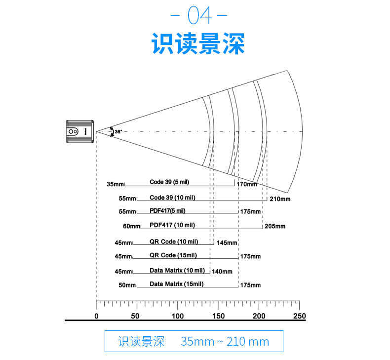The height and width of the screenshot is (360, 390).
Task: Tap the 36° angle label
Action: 118,132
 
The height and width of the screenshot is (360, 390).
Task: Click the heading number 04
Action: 199,16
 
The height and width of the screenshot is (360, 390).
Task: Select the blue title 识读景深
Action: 198,44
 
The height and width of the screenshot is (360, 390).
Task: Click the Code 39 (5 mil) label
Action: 169,182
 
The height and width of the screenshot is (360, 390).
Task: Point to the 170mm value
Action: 247,185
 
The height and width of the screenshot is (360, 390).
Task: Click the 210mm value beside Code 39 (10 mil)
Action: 280,199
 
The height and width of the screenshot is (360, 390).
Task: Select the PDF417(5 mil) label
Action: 167,211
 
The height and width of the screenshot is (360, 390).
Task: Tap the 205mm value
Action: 275,226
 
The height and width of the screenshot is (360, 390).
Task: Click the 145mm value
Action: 227,243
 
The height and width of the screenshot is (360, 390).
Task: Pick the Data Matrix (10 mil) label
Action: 177,271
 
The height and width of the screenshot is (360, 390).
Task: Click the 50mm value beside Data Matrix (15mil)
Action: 127,285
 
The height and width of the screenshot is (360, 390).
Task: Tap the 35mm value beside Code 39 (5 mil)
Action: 115,184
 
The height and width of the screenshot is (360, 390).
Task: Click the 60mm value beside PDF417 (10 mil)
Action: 131,227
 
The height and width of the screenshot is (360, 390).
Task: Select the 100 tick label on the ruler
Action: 177,316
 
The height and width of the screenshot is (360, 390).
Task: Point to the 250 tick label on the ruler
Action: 299,316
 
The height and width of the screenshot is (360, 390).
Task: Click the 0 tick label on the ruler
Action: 96,316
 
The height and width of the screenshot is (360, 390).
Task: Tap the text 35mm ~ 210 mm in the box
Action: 225,341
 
